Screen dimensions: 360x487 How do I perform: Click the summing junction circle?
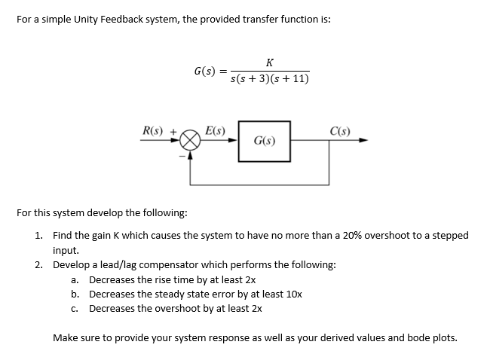coord(190,141)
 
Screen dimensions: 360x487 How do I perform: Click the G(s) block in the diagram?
coord(264,140)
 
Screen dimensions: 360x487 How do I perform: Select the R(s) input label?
coord(155,130)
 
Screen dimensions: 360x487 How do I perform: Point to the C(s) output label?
coord(340,130)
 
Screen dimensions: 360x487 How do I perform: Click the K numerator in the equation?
coord(270,63)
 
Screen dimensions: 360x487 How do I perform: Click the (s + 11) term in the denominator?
coord(293,79)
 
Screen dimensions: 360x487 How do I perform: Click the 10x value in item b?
coord(293,294)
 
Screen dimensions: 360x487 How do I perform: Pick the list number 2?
coord(38,264)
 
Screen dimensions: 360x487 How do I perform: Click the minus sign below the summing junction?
coord(181,157)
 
